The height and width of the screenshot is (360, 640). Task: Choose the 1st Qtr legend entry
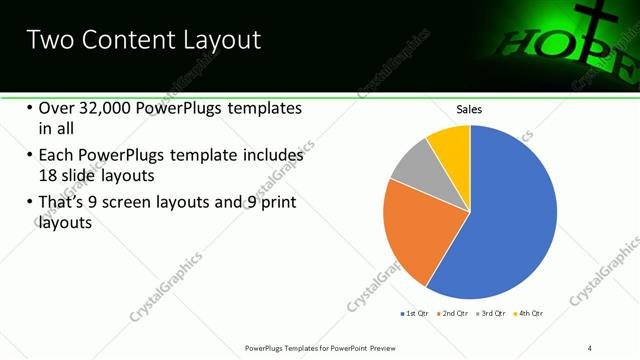coord(414,313)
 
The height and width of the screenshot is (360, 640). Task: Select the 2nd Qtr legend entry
coord(454,313)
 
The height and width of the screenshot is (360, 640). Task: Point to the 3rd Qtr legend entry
coord(492,313)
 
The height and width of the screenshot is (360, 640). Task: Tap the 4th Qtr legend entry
coord(530,313)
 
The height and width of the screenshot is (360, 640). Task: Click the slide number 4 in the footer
coord(590,347)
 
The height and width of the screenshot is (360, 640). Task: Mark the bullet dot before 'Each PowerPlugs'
coord(29,156)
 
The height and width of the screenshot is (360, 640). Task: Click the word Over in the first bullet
coord(58,108)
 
